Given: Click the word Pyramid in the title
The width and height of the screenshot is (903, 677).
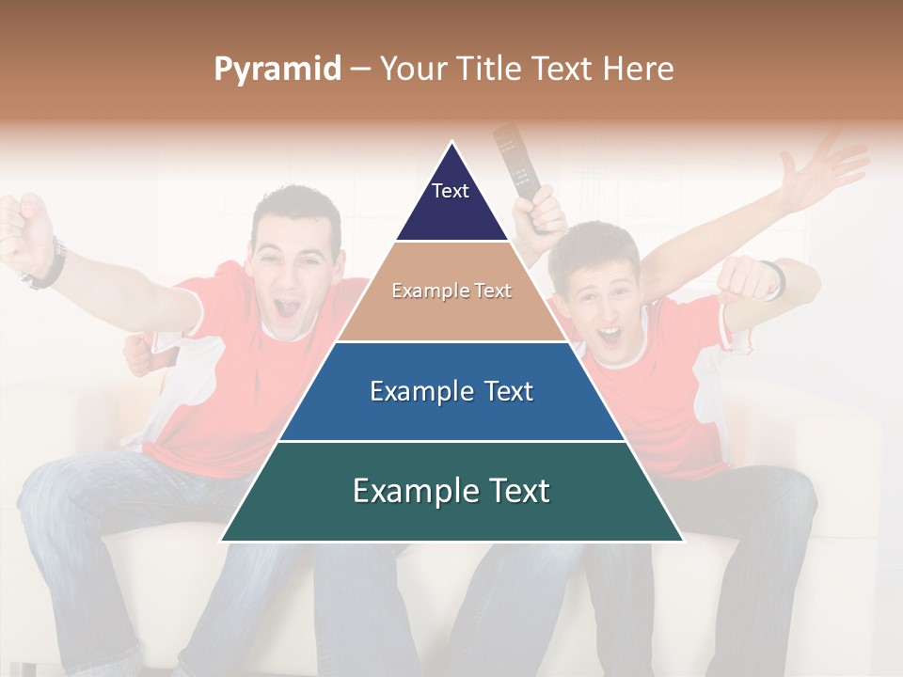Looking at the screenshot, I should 277,70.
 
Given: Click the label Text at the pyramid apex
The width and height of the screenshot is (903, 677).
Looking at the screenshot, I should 451,191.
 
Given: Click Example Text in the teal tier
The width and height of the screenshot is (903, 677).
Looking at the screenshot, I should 451,491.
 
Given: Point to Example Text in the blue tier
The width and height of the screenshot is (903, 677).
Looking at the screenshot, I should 451,391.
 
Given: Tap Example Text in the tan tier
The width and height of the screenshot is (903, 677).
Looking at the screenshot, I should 451,291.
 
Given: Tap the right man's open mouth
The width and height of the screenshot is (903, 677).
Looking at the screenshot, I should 610,335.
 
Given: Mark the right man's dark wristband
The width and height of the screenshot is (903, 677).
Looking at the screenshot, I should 775,278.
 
